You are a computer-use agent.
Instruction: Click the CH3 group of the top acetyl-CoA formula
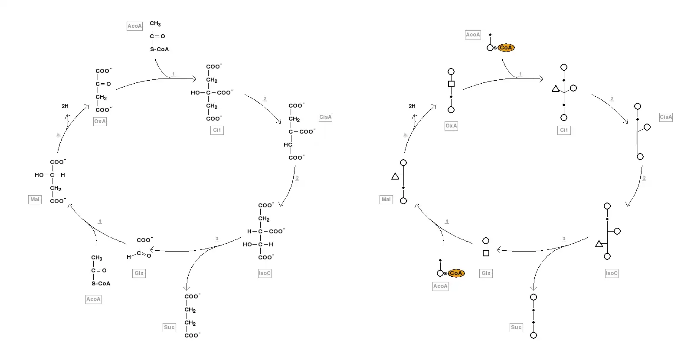[x=155, y=24]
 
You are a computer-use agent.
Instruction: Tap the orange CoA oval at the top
[x=506, y=48]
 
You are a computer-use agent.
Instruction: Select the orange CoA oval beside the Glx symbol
[x=456, y=273]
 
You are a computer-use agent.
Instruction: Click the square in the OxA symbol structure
[x=451, y=84]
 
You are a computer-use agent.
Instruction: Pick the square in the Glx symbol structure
[x=486, y=253]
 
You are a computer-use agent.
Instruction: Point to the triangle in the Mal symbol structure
[x=395, y=177]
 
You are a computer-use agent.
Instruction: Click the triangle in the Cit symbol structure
[x=556, y=89]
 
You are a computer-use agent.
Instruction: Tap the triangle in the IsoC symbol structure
[x=599, y=244]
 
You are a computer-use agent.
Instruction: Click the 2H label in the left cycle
[x=65, y=106]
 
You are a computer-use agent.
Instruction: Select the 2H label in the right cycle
[x=412, y=106]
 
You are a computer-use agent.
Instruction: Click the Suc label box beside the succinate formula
[x=169, y=327]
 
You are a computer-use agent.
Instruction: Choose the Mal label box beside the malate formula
[x=35, y=200]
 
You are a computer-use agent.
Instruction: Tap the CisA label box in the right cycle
[x=666, y=117]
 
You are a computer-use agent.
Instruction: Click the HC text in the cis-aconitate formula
[x=288, y=145]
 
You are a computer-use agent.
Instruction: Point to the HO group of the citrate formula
[x=195, y=93]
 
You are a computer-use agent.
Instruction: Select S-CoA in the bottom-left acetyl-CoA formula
[x=101, y=284]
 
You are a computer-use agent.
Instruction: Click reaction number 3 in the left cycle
[x=217, y=239]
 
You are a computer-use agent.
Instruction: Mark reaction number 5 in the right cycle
[x=406, y=135]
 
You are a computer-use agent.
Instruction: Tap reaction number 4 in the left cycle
[x=100, y=222]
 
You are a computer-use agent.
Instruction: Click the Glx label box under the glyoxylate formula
[x=139, y=273]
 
